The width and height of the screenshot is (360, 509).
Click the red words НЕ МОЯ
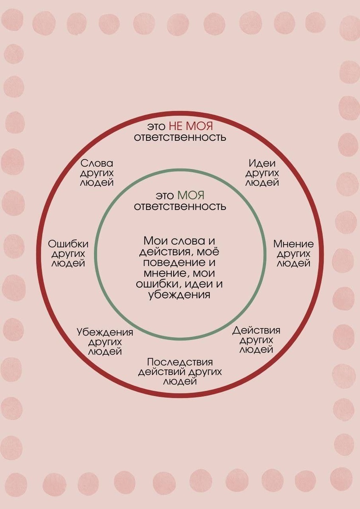[191, 126]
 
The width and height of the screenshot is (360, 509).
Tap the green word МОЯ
[191, 196]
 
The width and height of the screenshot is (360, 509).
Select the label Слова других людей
[97, 173]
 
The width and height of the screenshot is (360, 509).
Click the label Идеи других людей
[262, 173]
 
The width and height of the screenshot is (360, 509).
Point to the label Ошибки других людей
[68, 253]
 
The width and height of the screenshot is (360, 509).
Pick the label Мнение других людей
[293, 253]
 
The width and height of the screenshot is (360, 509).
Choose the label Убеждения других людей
[105, 342]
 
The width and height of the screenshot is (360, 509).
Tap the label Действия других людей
[256, 340]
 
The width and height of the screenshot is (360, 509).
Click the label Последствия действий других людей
[180, 372]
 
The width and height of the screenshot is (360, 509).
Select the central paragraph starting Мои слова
[180, 267]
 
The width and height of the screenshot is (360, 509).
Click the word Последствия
[180, 362]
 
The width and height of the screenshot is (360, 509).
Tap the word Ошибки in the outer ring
[68, 244]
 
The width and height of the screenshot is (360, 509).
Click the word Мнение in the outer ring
[293, 244]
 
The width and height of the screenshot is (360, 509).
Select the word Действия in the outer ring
[256, 330]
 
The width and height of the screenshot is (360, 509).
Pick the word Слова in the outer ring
[97, 163]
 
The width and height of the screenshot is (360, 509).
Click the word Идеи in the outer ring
[262, 163]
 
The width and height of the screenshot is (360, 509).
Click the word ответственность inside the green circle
[180, 207]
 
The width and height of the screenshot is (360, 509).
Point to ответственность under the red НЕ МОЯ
[180, 137]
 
